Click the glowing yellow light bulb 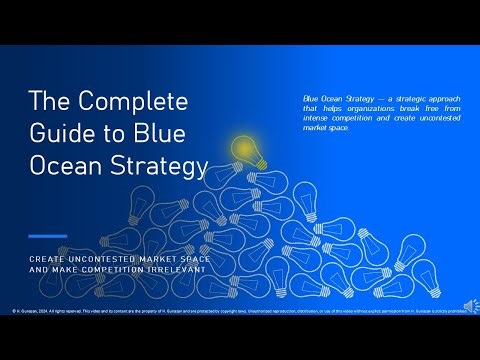243,148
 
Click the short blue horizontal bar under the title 47,236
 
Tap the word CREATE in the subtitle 45,258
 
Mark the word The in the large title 49,101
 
